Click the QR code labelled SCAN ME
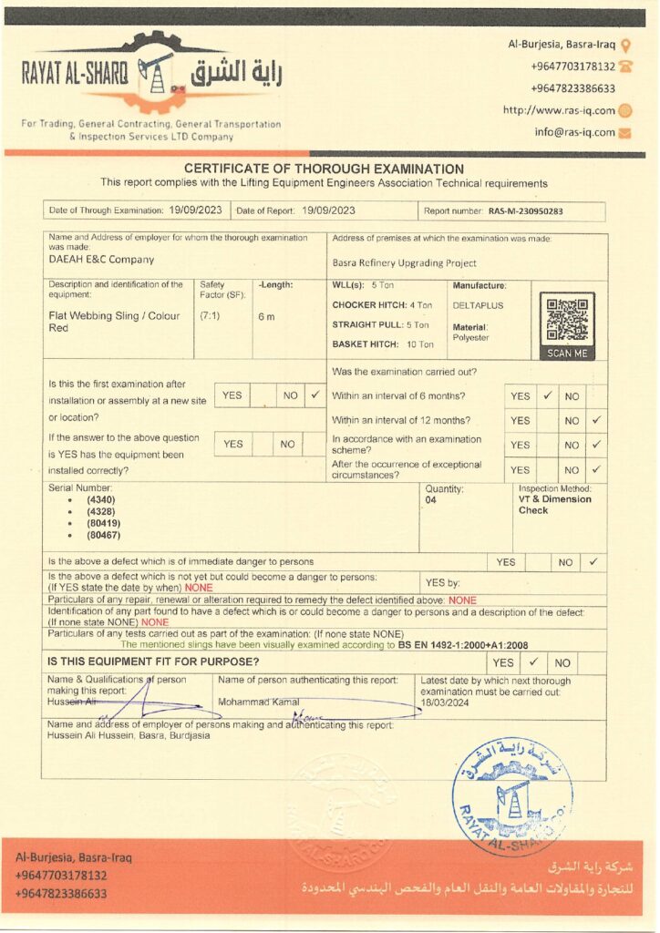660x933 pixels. coord(566,321)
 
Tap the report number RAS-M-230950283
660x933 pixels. coord(525,211)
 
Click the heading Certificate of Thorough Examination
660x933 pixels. coord(324,169)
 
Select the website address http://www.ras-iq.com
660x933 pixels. coord(559,110)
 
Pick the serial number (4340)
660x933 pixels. coord(101,500)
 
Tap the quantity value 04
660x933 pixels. coord(431,500)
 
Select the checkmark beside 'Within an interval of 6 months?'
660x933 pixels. coord(547,396)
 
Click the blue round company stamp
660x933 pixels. coord(511,795)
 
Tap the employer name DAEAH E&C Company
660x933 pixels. coord(101,260)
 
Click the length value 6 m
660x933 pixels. coord(266,317)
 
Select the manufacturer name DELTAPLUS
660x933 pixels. coord(478,305)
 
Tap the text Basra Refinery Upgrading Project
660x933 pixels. coord(405,263)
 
